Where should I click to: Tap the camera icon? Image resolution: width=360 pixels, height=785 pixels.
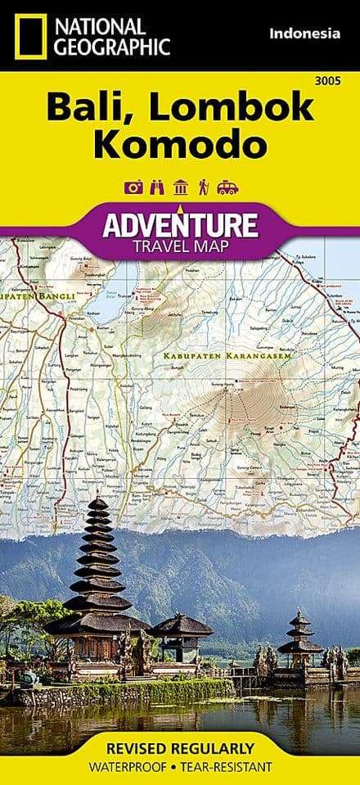tap(133, 187)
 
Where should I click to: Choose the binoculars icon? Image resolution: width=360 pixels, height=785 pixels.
tap(157, 187)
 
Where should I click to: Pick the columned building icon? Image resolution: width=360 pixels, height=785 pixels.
tap(180, 187)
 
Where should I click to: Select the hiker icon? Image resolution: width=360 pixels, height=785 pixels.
tap(203, 187)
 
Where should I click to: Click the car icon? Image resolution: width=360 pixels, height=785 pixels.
tap(227, 187)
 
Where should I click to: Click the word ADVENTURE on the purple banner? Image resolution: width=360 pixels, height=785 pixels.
tap(178, 223)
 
